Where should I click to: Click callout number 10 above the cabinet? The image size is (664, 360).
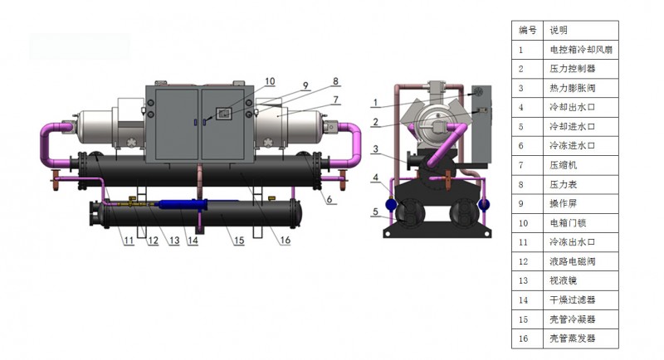coord(271,81)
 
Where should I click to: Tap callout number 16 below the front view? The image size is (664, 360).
coord(286,241)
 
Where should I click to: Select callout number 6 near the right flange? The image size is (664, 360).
coord(329,199)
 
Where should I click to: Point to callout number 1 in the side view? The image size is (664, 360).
coord(375,103)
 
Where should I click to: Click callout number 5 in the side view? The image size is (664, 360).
coord(375,212)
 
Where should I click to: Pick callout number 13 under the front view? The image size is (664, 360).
coord(174,241)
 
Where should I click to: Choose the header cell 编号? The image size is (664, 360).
coord(528,30)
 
